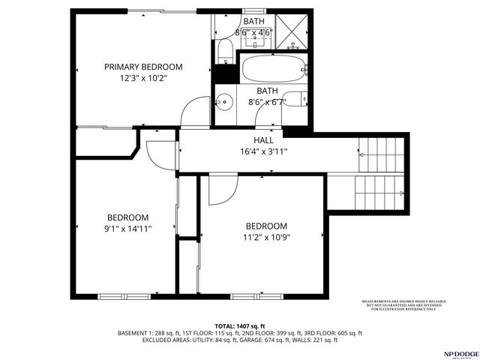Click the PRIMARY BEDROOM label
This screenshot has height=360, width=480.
[x=142, y=67]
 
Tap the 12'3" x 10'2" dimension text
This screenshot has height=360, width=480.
[x=142, y=77]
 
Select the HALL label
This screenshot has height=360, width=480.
[x=262, y=140]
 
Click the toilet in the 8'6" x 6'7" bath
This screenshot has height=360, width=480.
[x=298, y=99]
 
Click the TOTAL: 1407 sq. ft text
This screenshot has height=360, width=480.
[x=239, y=325]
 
